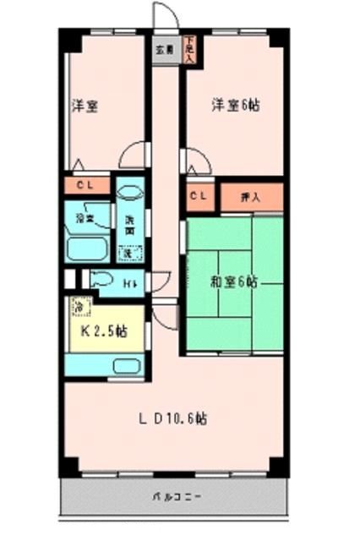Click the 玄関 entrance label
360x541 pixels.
click(x=164, y=49)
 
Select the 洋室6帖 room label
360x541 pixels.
click(x=235, y=106)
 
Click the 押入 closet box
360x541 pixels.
click(x=250, y=196)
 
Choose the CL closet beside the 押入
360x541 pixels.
click(x=198, y=196)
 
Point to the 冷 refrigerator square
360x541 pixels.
click(x=78, y=306)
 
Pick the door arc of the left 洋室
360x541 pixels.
click(x=132, y=156)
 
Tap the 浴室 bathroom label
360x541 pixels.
click(x=85, y=219)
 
